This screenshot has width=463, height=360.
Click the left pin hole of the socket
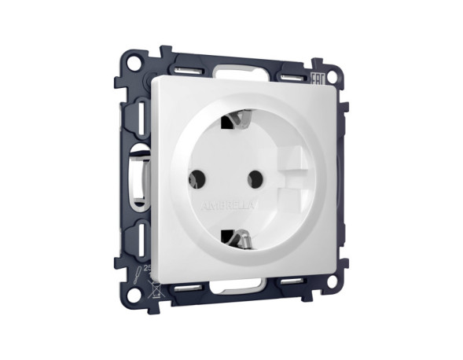tap(194, 180)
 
